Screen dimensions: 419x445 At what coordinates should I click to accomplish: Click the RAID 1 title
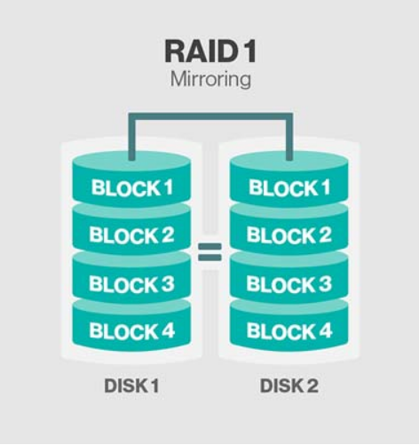point(210,52)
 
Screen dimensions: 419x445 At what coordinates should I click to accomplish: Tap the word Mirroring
point(210,79)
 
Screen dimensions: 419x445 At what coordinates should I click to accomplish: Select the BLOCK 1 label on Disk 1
point(132,187)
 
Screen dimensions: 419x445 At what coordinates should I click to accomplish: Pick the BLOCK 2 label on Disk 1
point(132,234)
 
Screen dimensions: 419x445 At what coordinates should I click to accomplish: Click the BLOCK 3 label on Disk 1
point(132,283)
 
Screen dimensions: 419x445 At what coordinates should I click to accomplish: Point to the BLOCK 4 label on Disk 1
point(132,330)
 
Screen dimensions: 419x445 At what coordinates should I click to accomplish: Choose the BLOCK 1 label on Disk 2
point(289,187)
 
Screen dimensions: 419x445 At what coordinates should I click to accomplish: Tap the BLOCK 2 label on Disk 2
point(289,234)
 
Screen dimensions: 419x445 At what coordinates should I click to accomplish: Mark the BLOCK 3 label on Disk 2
point(289,283)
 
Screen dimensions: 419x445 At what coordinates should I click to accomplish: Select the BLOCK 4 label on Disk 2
point(289,330)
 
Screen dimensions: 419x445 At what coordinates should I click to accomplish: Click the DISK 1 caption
point(131,385)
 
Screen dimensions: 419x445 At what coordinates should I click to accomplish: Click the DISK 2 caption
point(289,385)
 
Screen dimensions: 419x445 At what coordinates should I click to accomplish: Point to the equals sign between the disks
point(209,252)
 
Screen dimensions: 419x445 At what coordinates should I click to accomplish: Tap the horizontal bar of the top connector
point(210,116)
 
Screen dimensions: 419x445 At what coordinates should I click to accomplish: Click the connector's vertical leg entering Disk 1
point(132,137)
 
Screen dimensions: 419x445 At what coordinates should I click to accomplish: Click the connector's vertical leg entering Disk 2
point(289,137)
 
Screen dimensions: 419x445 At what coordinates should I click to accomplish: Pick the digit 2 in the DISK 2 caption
point(312,385)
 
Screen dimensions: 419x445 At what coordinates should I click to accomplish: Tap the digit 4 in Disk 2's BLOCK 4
point(324,330)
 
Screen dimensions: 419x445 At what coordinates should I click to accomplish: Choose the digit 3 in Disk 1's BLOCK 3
point(167,283)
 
